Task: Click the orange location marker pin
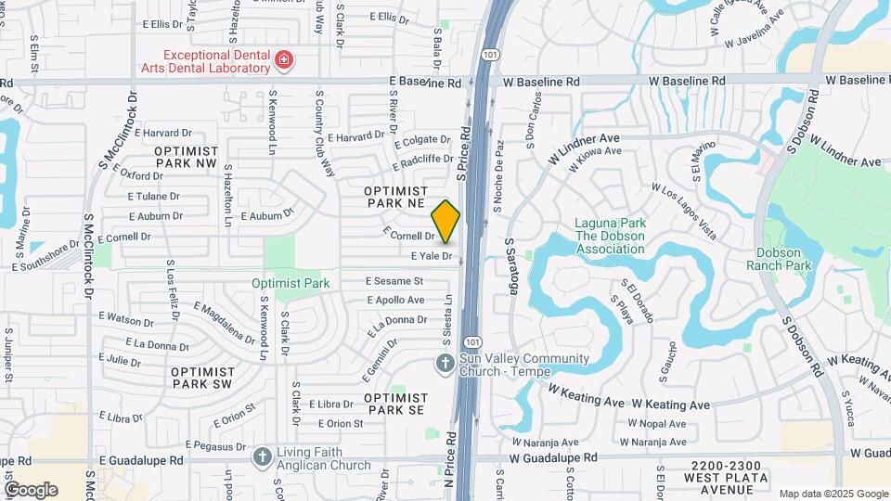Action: point(446,222)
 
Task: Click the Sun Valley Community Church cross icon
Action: point(445,364)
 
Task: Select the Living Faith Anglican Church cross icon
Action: point(263,457)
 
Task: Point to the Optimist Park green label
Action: point(291,283)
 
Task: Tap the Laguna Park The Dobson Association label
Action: point(613,229)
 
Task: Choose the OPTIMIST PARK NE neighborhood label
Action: point(394,196)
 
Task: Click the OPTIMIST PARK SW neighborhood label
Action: point(201,377)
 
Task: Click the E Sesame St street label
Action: point(394,280)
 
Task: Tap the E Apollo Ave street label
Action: point(395,300)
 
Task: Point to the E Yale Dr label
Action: point(431,255)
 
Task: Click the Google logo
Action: point(31,489)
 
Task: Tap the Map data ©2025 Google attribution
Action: point(833,494)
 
